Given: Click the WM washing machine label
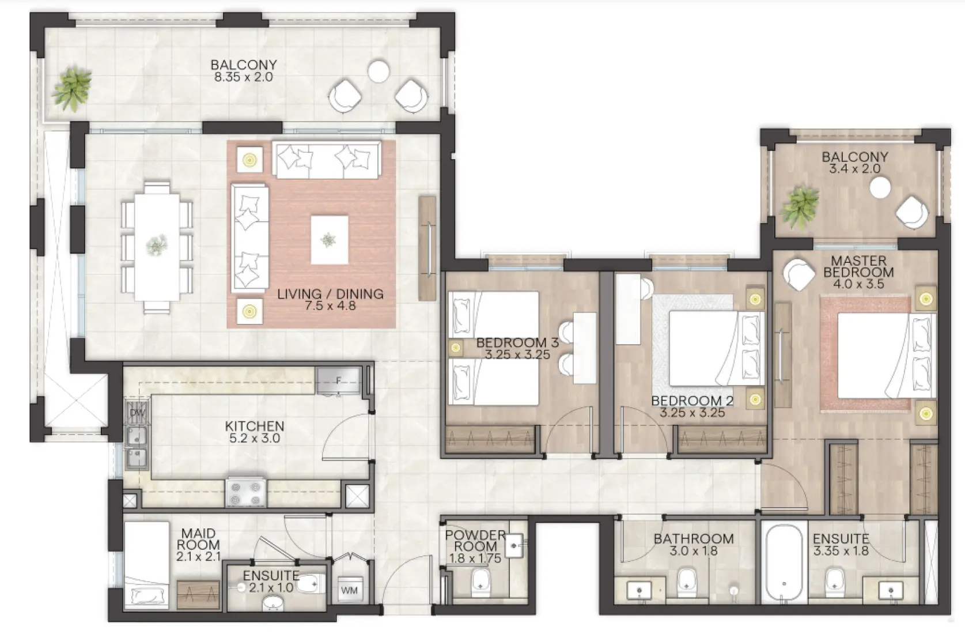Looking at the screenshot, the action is coord(349,590).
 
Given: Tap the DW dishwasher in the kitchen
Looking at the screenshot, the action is coord(137,412).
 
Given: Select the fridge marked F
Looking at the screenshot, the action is coord(338,380).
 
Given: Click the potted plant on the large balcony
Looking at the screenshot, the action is coord(71,88).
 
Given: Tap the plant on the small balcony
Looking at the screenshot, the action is coord(800,207).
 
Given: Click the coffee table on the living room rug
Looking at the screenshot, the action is coord(330,240).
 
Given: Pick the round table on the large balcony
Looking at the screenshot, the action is coord(379,71).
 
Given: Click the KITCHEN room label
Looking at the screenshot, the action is coord(255,427).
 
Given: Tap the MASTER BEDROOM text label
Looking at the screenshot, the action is coord(858,266).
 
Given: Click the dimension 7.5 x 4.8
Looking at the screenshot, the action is coord(330,306).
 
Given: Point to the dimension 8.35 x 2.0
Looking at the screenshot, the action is coord(244,77).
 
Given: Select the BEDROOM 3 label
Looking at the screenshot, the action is coord(517,342).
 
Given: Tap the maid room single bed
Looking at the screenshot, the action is coord(146,565).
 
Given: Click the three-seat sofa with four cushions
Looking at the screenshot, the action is coord(327,160).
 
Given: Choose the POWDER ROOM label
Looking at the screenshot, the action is coord(475,541).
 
